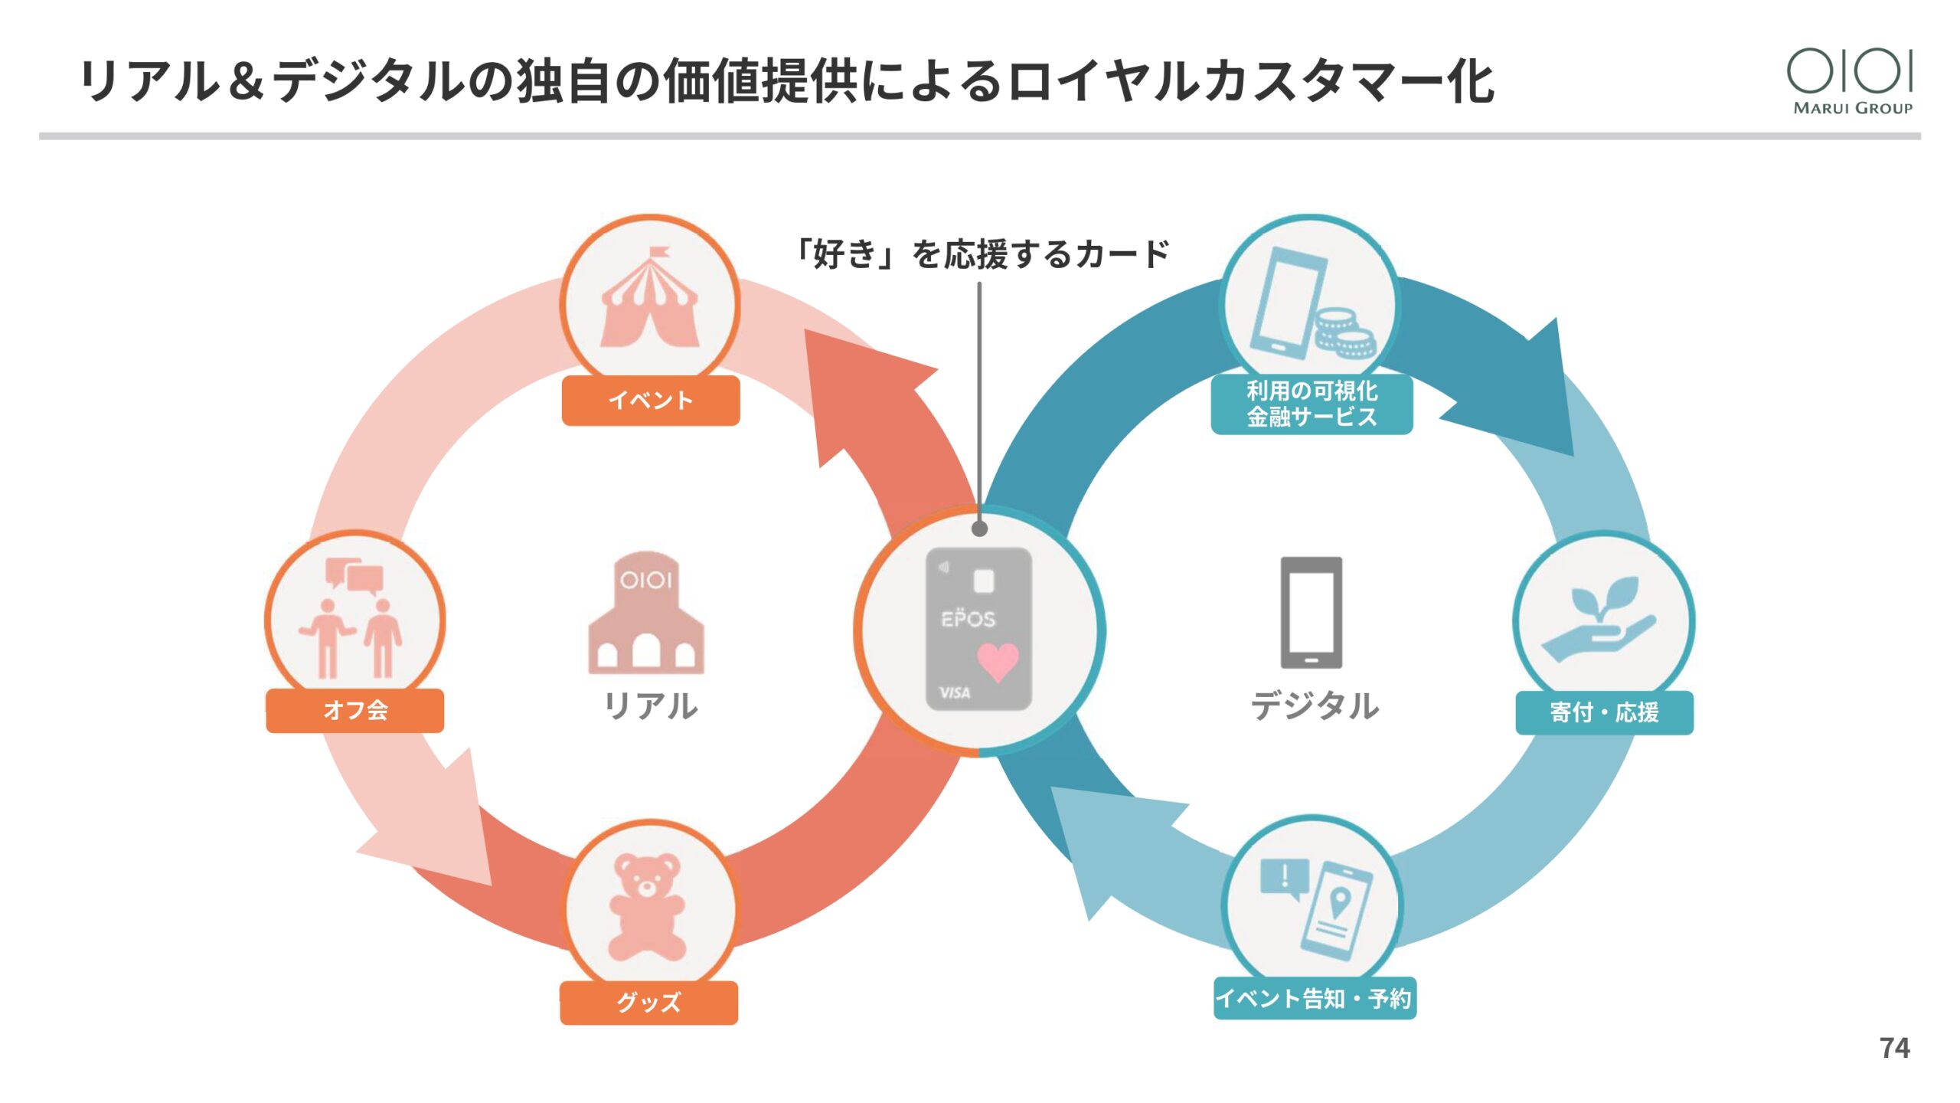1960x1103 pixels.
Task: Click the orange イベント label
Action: [x=650, y=400]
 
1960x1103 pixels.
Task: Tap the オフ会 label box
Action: [x=354, y=710]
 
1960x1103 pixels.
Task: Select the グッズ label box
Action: [x=648, y=1002]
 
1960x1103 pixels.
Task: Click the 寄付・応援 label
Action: [x=1604, y=712]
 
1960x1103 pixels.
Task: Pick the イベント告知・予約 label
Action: [x=1314, y=998]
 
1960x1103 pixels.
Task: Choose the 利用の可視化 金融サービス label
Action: [x=1312, y=404]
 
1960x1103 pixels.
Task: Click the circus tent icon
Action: [x=650, y=301]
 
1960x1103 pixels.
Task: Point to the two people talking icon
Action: [x=353, y=619]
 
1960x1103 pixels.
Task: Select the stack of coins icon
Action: [x=1344, y=333]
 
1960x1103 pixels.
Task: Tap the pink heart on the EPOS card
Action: [x=998, y=660]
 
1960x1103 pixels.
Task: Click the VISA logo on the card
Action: [x=954, y=692]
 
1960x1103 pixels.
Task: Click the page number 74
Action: [x=1894, y=1048]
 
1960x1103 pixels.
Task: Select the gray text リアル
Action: [x=650, y=705]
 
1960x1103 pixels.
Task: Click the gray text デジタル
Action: [x=1314, y=705]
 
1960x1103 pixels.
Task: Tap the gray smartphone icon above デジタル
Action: [x=1311, y=612]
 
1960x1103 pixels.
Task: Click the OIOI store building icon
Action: [x=646, y=613]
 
